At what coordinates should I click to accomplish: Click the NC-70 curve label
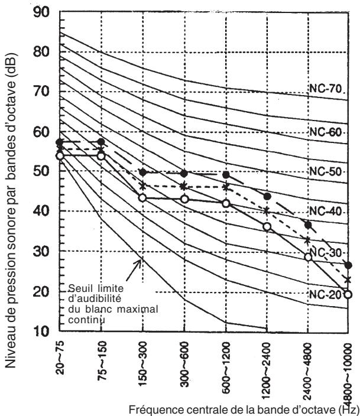pyautogui.click(x=326, y=89)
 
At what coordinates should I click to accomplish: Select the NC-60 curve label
pyautogui.click(x=326, y=132)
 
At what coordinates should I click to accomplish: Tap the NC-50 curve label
pyautogui.click(x=326, y=171)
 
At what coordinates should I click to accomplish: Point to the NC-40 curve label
pyautogui.click(x=326, y=212)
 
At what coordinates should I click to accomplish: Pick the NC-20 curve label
pyautogui.click(x=326, y=294)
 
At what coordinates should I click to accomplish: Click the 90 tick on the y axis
pyautogui.click(x=41, y=12)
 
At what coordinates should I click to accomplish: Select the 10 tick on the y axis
pyautogui.click(x=41, y=331)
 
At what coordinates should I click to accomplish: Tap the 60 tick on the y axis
pyautogui.click(x=41, y=132)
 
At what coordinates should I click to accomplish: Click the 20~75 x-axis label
pyautogui.click(x=60, y=357)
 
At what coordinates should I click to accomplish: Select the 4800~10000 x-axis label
pyautogui.click(x=348, y=376)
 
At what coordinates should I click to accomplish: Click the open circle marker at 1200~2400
pyautogui.click(x=267, y=226)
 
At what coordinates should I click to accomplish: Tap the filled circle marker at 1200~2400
pyautogui.click(x=267, y=197)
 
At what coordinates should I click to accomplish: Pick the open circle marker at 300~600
pyautogui.click(x=184, y=199)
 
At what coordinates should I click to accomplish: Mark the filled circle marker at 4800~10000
pyautogui.click(x=348, y=265)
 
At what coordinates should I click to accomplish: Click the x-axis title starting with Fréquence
pyautogui.click(x=244, y=409)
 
